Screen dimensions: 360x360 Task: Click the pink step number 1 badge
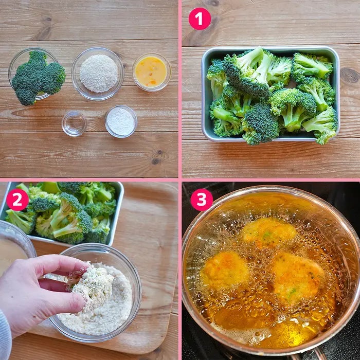point(200,19)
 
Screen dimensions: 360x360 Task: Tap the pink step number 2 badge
point(17,200)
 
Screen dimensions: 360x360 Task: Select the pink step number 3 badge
point(202,200)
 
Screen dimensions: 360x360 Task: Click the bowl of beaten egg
point(152,72)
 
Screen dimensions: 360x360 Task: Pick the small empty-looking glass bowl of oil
point(74,124)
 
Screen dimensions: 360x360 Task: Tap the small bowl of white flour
point(121,121)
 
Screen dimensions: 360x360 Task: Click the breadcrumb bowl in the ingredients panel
point(98,74)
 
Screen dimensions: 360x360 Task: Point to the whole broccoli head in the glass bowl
point(38,78)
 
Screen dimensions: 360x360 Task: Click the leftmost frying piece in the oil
point(225,270)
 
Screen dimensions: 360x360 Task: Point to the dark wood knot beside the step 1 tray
point(349,76)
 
